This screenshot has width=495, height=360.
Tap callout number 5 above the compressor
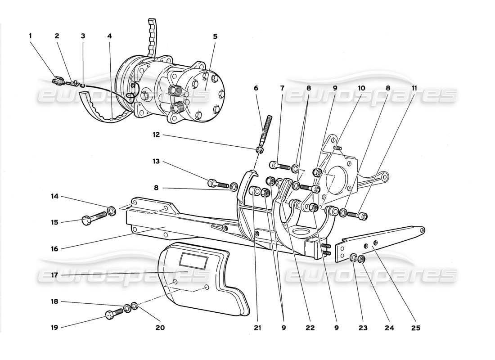tap(215, 36)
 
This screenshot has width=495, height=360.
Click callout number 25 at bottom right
tap(415, 328)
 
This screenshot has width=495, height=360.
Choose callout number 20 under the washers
tap(160, 328)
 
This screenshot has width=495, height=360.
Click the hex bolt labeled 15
tap(92, 219)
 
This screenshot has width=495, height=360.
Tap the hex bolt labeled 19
tap(113, 313)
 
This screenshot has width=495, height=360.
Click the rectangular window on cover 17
tap(193, 260)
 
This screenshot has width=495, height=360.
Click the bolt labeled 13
tap(217, 184)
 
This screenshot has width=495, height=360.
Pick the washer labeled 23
tap(354, 258)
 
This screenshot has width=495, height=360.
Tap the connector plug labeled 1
tap(58, 81)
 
